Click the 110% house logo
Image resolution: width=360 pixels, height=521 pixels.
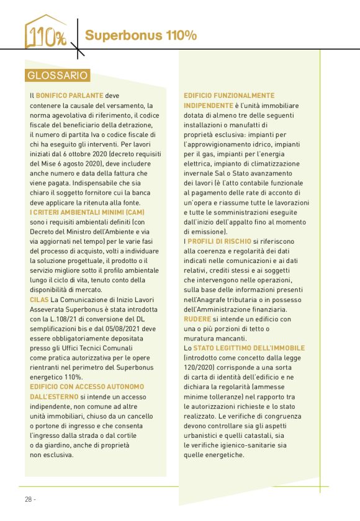tap(45, 32)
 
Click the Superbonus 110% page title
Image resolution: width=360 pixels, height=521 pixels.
tap(141, 35)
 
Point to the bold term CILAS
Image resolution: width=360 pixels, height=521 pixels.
tap(40, 300)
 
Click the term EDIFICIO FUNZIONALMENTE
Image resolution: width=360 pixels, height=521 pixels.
tap(229, 96)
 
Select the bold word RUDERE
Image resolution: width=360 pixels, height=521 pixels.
tap(198, 318)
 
